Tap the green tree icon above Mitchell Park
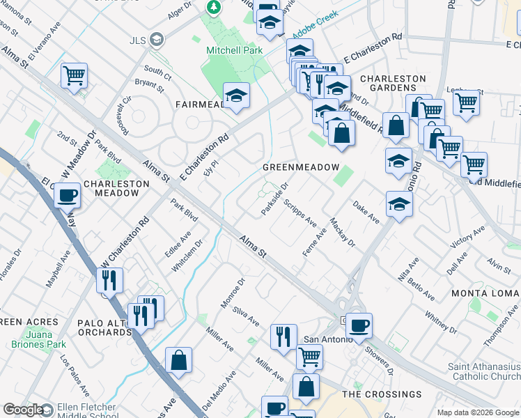[214, 8]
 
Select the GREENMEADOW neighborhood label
[300, 168]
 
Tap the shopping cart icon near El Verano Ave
[74, 75]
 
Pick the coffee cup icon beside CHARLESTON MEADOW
[68, 196]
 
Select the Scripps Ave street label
[300, 214]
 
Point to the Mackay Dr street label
[343, 233]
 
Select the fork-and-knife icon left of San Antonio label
[283, 338]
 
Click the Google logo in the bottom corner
[22, 410]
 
